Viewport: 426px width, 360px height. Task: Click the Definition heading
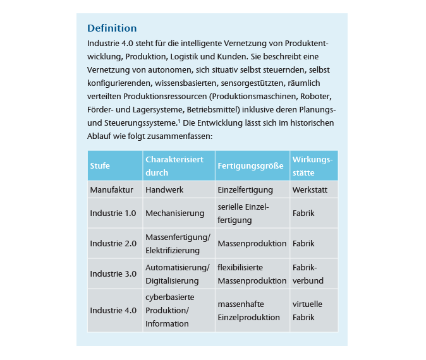[x=112, y=28]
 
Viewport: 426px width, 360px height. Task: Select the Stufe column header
[x=100, y=166]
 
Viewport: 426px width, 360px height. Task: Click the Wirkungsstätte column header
[x=312, y=166]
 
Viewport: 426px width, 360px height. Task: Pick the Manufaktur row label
[x=111, y=189]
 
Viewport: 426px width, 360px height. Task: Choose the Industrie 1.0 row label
[x=113, y=213]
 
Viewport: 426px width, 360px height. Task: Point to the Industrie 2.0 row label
[x=113, y=243]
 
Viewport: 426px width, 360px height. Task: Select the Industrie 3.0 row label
[x=113, y=273]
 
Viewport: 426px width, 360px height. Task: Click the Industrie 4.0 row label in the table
[x=113, y=310]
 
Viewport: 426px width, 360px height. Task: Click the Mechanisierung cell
[x=175, y=213]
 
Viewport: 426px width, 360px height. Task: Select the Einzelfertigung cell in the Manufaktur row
[x=245, y=189]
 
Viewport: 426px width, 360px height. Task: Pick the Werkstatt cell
[x=310, y=189]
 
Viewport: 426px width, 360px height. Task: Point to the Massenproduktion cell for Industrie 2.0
[x=248, y=243]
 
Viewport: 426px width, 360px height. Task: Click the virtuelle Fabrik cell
[x=307, y=310]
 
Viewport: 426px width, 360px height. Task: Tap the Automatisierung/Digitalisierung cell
[x=177, y=273]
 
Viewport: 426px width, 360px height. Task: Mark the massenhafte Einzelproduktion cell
[x=248, y=310]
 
